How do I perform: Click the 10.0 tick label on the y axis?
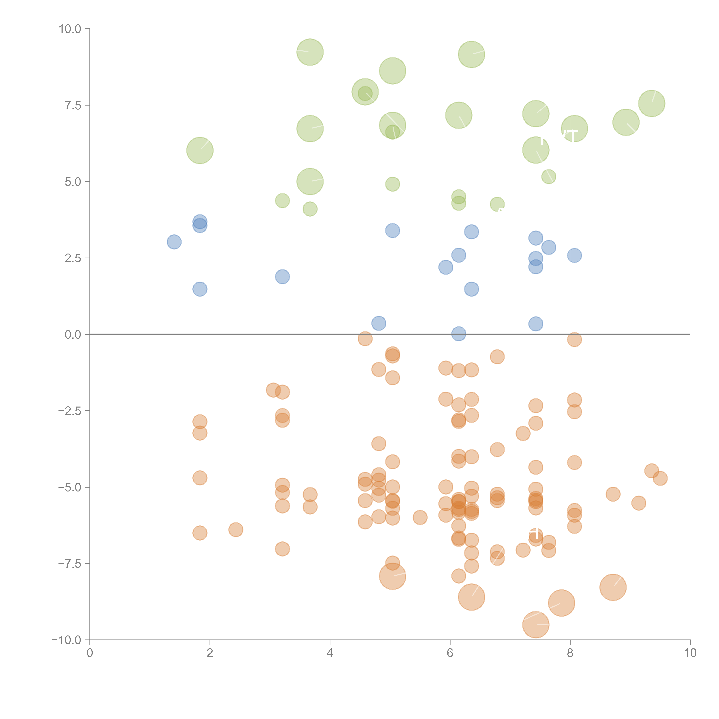click(70, 29)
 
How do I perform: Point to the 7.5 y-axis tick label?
click(73, 105)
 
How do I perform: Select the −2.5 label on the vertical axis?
click(70, 411)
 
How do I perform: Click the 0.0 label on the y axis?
click(73, 335)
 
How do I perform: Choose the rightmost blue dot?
click(574, 255)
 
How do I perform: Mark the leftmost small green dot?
click(282, 201)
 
